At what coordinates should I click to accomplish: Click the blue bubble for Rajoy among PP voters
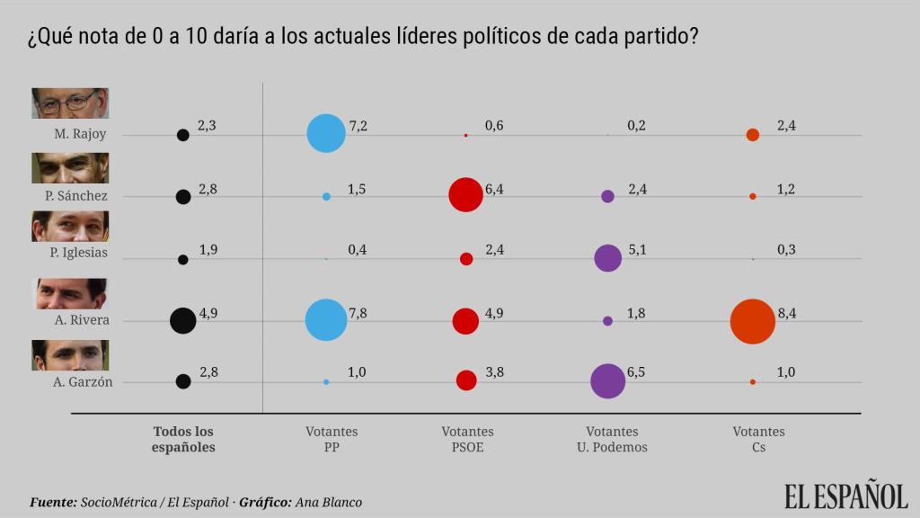click(326, 133)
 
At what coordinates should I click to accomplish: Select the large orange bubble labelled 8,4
click(753, 321)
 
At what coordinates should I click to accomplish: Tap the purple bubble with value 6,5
click(608, 381)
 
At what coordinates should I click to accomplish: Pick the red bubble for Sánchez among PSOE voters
click(465, 195)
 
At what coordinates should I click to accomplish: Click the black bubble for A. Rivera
click(183, 320)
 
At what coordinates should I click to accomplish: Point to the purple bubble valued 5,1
click(608, 258)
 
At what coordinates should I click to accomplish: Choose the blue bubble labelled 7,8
click(326, 320)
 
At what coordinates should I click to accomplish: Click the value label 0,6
click(494, 126)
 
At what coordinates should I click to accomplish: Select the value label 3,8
click(494, 372)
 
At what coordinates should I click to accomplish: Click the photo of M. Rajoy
click(70, 103)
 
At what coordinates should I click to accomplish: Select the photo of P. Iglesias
click(70, 226)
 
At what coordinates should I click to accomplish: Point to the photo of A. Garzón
click(70, 355)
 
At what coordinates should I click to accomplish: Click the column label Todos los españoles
click(184, 439)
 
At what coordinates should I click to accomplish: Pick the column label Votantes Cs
click(758, 439)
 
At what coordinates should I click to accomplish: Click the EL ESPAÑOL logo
click(845, 496)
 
